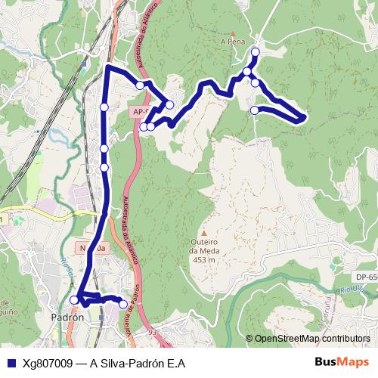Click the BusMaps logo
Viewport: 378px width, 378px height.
[x=342, y=362]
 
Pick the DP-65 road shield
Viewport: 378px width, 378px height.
[x=367, y=278]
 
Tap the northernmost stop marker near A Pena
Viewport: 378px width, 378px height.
[x=255, y=51]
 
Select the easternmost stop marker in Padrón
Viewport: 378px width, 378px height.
[x=123, y=304]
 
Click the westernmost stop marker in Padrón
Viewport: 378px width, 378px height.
[x=74, y=300]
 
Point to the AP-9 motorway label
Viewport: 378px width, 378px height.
[x=141, y=112]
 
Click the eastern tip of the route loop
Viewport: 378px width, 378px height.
[x=303, y=117]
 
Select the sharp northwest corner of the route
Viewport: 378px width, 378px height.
[x=107, y=68]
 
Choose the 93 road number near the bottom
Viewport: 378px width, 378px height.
[x=153, y=331]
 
